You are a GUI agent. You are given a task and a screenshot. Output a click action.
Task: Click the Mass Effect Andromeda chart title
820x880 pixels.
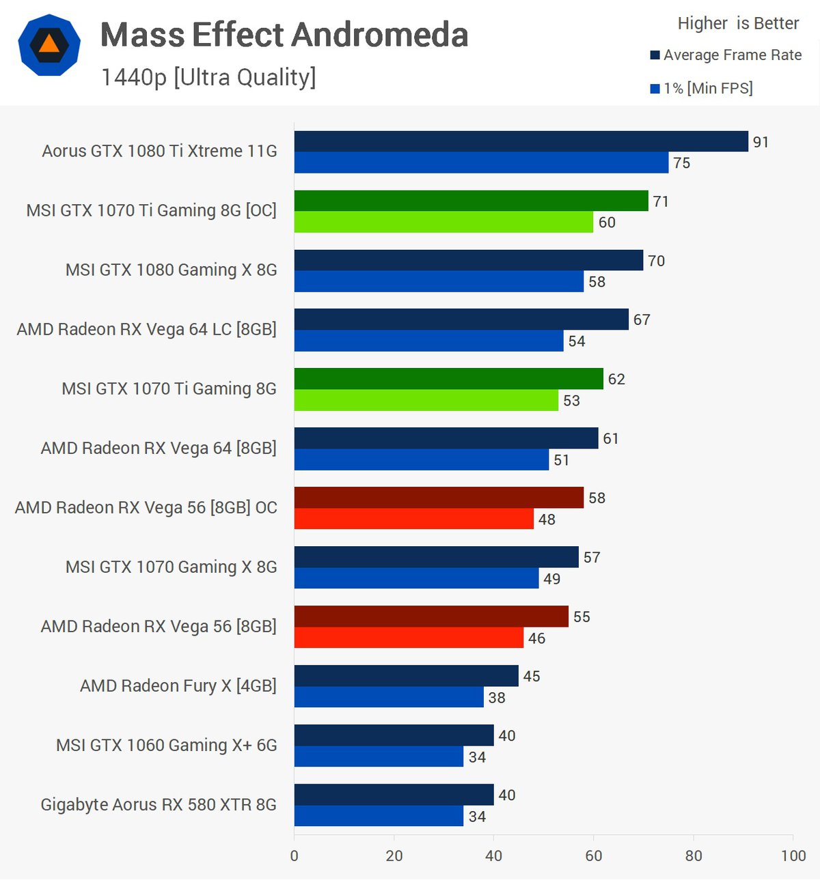pos(284,35)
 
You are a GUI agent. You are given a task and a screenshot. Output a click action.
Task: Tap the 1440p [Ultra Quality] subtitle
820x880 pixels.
pos(208,77)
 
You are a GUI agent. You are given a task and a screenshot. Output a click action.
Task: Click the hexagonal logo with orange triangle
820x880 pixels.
pos(49,45)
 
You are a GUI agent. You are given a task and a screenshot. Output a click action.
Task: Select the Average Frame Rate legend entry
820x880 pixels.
pos(726,55)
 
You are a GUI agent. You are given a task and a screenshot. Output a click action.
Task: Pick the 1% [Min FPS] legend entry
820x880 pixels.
pos(702,88)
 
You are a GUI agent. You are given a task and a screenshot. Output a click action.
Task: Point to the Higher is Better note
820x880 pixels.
pos(738,23)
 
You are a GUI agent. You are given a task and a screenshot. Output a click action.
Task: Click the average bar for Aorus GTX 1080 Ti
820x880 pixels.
pos(521,141)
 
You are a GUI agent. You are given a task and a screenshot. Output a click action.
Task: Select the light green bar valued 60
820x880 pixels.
pos(443,222)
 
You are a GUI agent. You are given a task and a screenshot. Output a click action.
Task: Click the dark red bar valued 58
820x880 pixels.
pos(439,498)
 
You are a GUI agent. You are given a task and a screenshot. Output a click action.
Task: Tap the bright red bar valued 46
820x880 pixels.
pos(409,638)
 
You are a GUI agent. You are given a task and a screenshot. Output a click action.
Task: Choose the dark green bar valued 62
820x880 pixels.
pos(448,379)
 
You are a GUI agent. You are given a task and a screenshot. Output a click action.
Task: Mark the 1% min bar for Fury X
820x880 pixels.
pos(389,697)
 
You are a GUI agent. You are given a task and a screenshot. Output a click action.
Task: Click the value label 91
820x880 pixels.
pos(761,142)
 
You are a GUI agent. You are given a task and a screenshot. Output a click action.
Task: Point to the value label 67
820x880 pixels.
pos(642,320)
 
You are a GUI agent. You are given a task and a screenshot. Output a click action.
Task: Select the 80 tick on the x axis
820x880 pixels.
pos(694,855)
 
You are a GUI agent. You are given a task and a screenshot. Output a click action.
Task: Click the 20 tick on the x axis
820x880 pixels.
pos(394,855)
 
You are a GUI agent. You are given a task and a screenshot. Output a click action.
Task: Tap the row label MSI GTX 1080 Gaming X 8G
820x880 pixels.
pos(171,270)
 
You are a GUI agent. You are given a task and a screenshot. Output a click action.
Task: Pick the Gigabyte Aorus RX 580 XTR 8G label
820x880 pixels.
pos(159,804)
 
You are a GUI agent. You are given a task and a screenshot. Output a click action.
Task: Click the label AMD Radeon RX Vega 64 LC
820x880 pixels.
pos(146,329)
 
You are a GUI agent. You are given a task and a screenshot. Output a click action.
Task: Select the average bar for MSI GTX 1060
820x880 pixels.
pos(394,735)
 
